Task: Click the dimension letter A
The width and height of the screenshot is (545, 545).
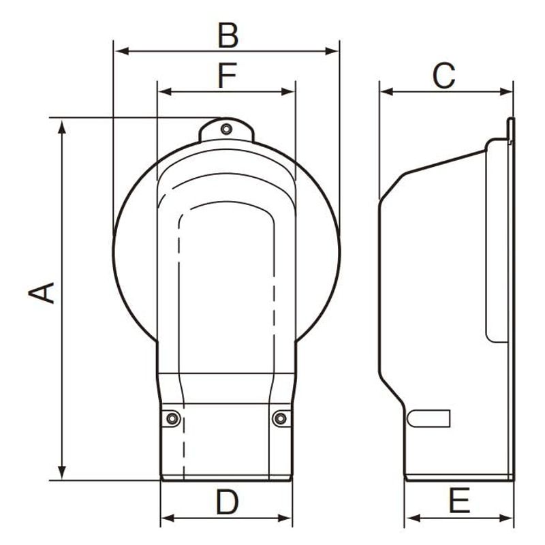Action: [x=42, y=293]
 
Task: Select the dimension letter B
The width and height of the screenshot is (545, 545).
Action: [x=228, y=35]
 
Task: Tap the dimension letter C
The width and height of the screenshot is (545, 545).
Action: [x=444, y=76]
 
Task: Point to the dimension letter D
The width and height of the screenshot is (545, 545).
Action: [x=228, y=501]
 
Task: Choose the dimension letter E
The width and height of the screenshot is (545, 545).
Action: [x=459, y=501]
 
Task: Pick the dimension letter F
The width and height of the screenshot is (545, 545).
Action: [x=228, y=76]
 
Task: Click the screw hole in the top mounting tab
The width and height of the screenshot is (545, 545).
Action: [x=227, y=129]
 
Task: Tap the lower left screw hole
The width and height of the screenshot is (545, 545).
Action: [x=172, y=418]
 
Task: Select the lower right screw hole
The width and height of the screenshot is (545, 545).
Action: [x=280, y=418]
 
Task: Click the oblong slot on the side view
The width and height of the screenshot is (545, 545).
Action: [x=429, y=418]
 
